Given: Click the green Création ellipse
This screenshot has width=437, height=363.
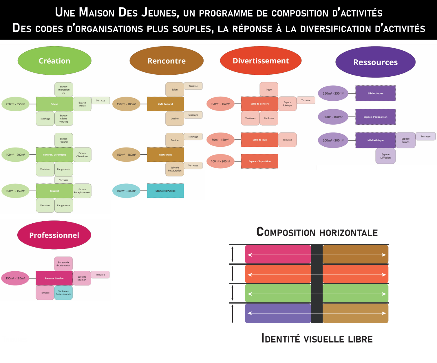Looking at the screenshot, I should (54, 61).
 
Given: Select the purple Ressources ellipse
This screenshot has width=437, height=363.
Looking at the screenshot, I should (375, 62).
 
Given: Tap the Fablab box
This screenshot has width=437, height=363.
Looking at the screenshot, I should (54, 104).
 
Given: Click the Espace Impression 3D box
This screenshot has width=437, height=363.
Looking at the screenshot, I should (64, 90).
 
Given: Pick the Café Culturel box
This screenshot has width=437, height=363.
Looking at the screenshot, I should (165, 104).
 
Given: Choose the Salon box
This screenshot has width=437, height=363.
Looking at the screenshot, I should (175, 90).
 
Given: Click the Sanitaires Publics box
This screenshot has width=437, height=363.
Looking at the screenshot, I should (165, 191).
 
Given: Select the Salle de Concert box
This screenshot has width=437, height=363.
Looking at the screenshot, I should (259, 104).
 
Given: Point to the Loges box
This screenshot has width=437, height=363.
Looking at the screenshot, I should (269, 89).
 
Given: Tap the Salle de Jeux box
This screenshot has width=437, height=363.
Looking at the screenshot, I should (259, 140).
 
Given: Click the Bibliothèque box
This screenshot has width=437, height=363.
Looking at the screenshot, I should (375, 93).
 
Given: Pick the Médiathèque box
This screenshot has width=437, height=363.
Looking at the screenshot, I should (375, 140).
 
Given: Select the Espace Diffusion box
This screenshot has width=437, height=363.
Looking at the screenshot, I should (385, 156).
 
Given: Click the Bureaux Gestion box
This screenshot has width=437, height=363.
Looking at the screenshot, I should (54, 278).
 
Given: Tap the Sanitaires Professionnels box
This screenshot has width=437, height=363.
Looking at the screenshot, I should (63, 293).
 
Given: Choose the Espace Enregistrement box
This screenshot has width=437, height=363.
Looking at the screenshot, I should (82, 191).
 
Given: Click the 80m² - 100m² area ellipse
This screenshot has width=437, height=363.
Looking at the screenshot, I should (333, 117).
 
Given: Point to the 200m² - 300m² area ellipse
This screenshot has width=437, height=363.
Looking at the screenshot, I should (333, 140).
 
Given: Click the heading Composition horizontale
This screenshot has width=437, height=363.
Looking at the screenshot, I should (317, 232).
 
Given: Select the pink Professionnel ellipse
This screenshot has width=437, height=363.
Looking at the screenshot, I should (54, 235).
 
